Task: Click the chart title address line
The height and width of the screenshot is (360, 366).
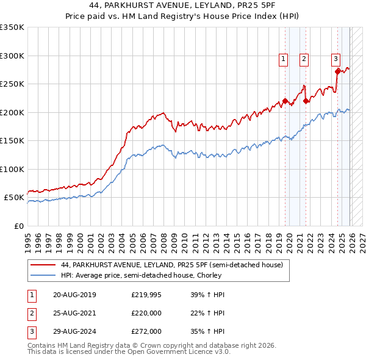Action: pyautogui.click(x=183, y=5)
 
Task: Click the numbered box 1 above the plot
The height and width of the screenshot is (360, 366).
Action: pyautogui.click(x=284, y=59)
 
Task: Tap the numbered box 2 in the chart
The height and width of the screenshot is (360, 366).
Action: pyautogui.click(x=304, y=59)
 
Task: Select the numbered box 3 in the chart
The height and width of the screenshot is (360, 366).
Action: pyautogui.click(x=336, y=59)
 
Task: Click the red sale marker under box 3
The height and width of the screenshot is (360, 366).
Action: pyautogui.click(x=337, y=71)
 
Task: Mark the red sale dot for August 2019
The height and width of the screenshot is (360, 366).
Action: pyautogui.click(x=285, y=101)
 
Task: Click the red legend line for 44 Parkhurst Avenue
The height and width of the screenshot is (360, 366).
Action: pyautogui.click(x=42, y=265)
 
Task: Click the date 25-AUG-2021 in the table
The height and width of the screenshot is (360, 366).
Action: pyautogui.click(x=74, y=313)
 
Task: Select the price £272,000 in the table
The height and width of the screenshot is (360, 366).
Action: pyautogui.click(x=146, y=331)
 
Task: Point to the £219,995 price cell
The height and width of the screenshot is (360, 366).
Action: pyautogui.click(x=146, y=295)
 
